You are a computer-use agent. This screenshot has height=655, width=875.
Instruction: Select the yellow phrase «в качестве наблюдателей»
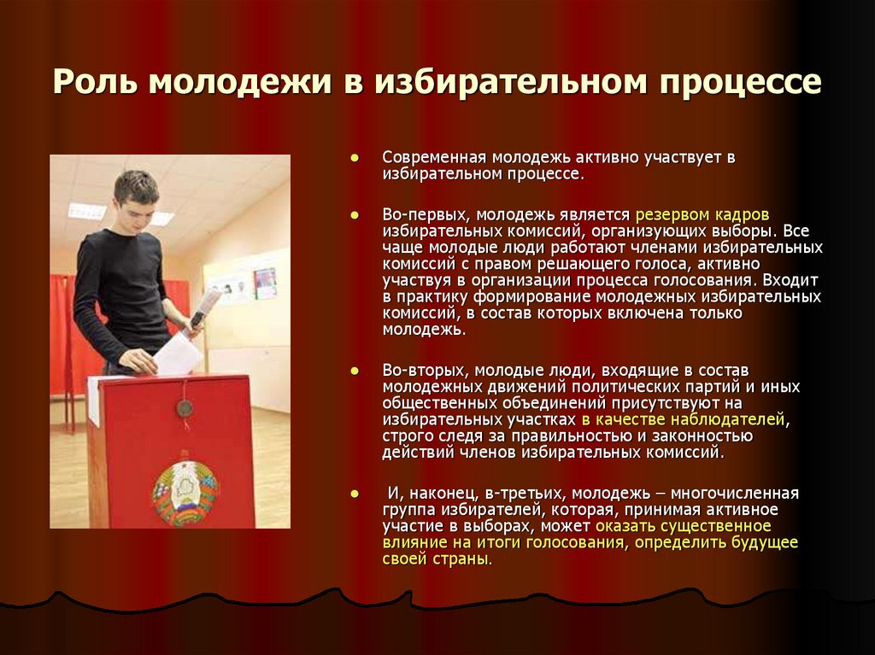pyautogui.click(x=684, y=420)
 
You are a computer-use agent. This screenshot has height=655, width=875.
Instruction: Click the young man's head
pyautogui.click(x=136, y=196)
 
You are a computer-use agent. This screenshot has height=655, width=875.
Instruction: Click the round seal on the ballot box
pyautogui.click(x=184, y=409)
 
